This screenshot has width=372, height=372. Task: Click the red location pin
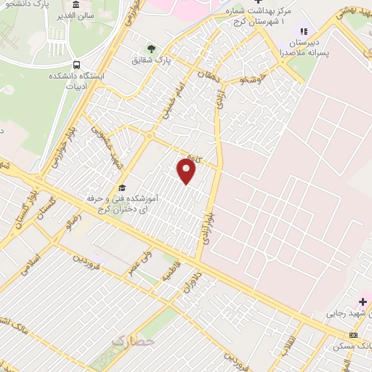(187, 171)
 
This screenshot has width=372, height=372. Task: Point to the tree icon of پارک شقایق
(152, 49)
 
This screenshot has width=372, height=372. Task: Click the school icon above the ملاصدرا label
(303, 31)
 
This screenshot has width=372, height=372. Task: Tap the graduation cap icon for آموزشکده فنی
(121, 185)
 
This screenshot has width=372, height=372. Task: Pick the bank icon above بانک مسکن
(353, 335)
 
